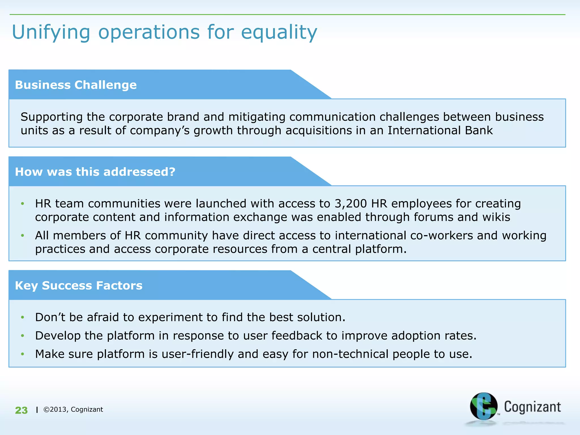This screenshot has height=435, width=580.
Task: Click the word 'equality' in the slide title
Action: (x=279, y=33)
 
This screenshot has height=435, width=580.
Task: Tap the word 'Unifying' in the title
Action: (x=51, y=33)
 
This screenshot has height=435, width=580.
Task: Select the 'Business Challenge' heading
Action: (x=76, y=85)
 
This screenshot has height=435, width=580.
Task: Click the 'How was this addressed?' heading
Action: (x=95, y=172)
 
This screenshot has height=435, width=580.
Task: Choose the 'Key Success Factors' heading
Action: (x=78, y=285)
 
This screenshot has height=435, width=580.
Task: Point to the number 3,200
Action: (x=351, y=204)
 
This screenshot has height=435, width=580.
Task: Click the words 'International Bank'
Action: (x=440, y=131)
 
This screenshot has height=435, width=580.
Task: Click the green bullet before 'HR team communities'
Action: (x=23, y=204)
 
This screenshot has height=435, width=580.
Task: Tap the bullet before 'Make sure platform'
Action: (x=23, y=354)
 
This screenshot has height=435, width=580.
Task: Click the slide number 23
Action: (x=21, y=410)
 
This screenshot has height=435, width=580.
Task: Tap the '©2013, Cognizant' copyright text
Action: (x=73, y=410)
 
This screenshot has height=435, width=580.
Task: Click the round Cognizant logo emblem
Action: (x=483, y=406)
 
